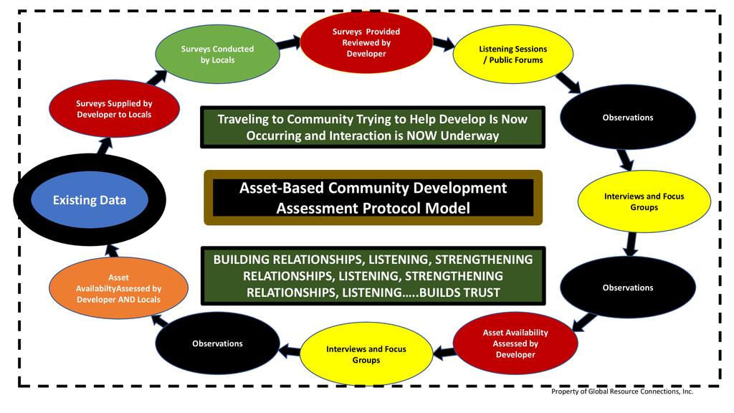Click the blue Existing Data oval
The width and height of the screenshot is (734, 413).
(90, 200)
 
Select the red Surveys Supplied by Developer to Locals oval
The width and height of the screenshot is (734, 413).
(114, 109)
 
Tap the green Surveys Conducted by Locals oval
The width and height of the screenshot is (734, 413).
(217, 54)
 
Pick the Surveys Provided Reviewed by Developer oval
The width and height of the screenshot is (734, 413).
(366, 42)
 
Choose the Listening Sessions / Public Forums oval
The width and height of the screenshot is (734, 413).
(513, 54)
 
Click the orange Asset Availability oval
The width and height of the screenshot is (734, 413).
(118, 288)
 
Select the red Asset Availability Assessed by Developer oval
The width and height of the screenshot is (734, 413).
(515, 343)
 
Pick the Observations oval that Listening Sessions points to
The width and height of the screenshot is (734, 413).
(627, 118)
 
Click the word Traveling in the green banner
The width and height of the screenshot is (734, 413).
(244, 119)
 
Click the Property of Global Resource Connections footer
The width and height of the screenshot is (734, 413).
(621, 391)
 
